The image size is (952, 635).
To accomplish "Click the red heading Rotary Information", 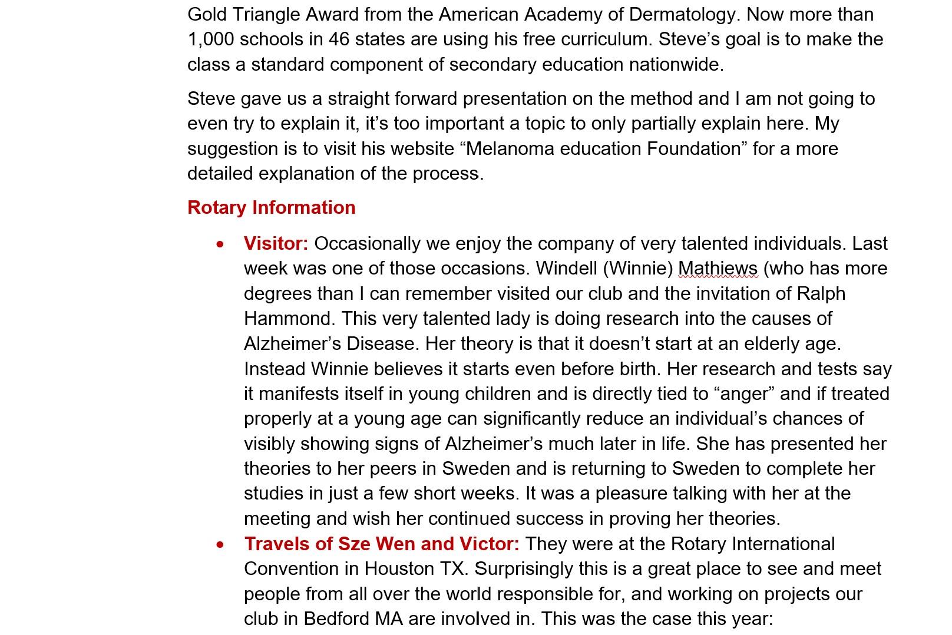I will coord(271,207).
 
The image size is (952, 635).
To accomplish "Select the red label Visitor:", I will coord(276,243).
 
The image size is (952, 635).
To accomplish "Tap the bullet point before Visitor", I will coord(220,244).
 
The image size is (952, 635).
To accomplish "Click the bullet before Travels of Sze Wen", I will coord(220,544).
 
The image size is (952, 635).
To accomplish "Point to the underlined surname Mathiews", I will coord(718,269).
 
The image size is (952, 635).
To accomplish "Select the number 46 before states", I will coord(339,39).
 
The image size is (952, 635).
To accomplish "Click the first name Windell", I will coord(567,269).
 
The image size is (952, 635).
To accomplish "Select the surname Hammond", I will coord(289,319).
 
